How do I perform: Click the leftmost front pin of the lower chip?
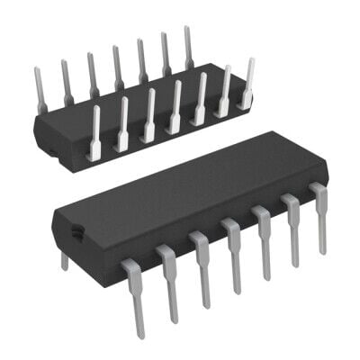135,297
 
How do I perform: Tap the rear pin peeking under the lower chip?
63,260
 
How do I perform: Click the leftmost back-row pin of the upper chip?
40,90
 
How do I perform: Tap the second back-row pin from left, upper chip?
66,81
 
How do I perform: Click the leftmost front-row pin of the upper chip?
94,135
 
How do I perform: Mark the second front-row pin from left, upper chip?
122,125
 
